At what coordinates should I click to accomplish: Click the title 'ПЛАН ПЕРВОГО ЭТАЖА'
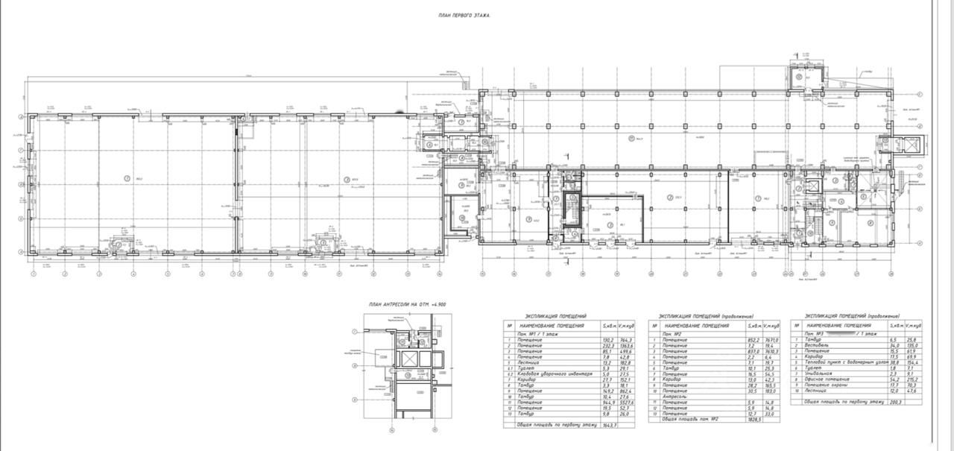(464, 15)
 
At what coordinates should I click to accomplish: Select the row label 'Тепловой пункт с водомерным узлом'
(847, 362)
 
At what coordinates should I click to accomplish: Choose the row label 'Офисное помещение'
(827, 379)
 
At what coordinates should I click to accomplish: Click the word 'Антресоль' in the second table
(675, 397)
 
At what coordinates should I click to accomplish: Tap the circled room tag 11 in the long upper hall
(631, 138)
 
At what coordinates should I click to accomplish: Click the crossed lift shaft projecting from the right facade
(911, 144)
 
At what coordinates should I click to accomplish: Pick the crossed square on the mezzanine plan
(408, 359)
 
